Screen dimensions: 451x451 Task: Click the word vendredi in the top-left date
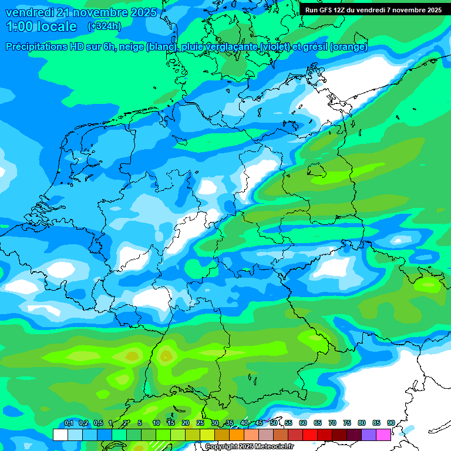tap(29, 12)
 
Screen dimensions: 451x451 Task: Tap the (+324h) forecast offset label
tap(104, 26)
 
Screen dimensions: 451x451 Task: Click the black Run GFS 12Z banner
tap(373, 9)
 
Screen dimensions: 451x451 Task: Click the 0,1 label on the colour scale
tap(69, 423)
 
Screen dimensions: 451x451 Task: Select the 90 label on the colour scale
tap(391, 423)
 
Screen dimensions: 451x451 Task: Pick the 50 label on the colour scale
tap(274, 423)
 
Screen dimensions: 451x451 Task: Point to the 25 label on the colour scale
tap(200, 423)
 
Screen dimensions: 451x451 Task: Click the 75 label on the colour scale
tap(347, 423)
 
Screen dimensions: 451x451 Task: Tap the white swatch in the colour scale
tap(60, 435)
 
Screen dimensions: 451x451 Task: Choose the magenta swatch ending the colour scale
tap(383, 435)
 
